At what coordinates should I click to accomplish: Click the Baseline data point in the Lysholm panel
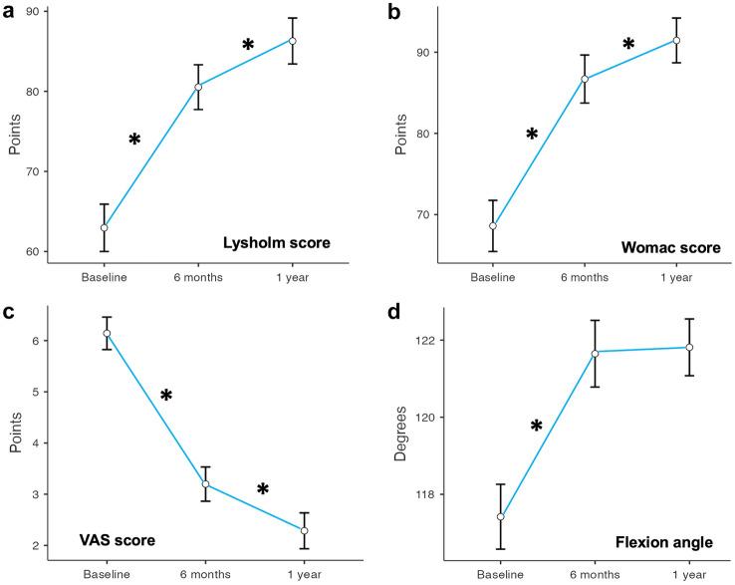tap(104, 228)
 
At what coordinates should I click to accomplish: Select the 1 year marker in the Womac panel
tap(676, 40)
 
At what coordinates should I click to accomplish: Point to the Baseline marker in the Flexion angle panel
tap(501, 517)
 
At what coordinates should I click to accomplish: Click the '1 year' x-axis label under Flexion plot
tap(676, 576)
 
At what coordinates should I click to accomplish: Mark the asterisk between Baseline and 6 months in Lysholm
tap(134, 141)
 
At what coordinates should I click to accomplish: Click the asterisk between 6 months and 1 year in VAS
tap(263, 490)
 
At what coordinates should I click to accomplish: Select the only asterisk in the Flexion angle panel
tap(536, 428)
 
